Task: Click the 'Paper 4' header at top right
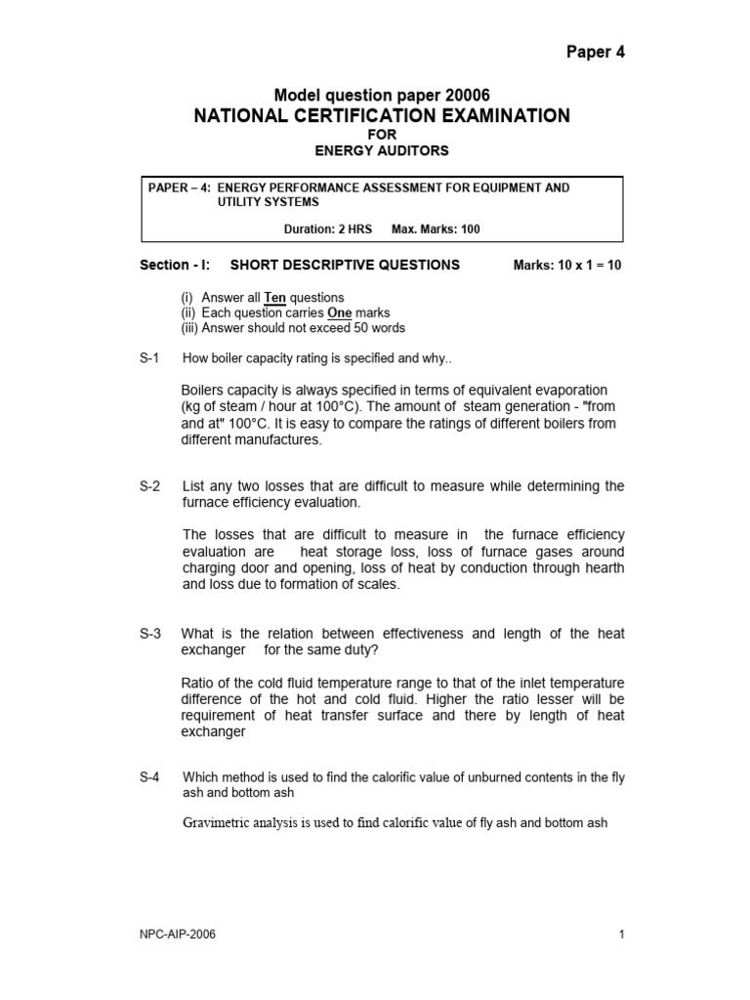tap(595, 53)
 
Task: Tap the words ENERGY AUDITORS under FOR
tap(383, 150)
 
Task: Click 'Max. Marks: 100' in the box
tap(436, 229)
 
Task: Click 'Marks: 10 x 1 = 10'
tap(567, 265)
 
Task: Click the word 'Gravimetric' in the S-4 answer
tap(218, 823)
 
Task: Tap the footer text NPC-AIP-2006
tap(178, 935)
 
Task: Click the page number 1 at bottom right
tap(621, 935)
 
